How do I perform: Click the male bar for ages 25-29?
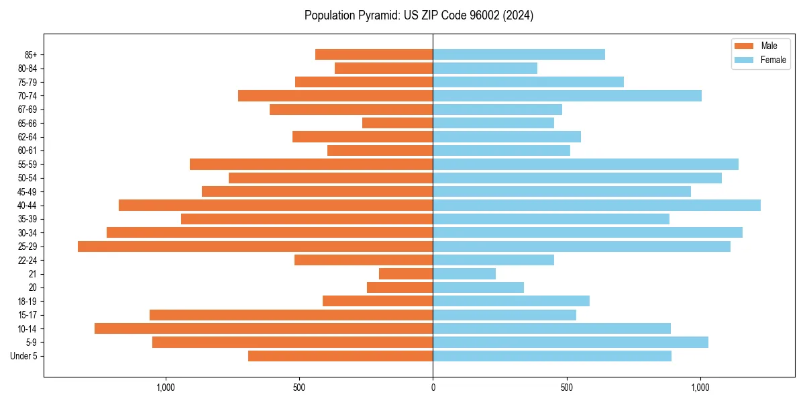(255, 247)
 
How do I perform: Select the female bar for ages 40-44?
(596, 206)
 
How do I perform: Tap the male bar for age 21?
(406, 274)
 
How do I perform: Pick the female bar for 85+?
(519, 54)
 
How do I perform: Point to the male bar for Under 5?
(340, 356)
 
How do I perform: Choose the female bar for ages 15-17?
(504, 315)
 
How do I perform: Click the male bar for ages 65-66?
(397, 123)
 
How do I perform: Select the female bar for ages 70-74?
(567, 96)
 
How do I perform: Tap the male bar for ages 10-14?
(264, 328)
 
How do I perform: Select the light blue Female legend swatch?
(744, 60)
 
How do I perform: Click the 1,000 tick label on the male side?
(165, 388)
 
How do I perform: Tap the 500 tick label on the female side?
(567, 388)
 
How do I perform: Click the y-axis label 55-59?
(28, 165)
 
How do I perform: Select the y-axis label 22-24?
(28, 261)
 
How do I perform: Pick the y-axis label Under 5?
(24, 356)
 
